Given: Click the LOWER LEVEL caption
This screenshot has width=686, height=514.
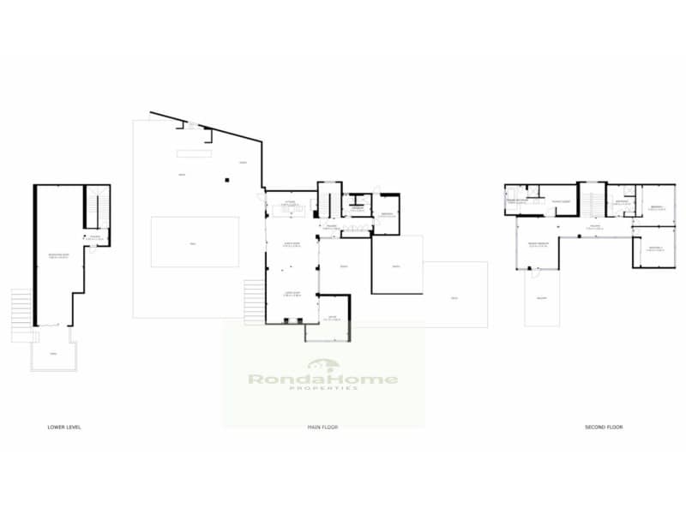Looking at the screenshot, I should pos(64,426).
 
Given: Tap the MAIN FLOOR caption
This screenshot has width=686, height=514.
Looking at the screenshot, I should pos(324,426).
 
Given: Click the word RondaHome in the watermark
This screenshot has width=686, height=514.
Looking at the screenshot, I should pos(322,379).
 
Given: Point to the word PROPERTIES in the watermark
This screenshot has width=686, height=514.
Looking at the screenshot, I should pos(322,389).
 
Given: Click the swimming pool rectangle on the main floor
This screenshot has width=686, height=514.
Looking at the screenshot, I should pos(195,242).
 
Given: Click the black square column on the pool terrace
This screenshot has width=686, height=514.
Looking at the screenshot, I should pos(227,180).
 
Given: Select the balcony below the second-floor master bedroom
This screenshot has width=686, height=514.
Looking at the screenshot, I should pos(542,296).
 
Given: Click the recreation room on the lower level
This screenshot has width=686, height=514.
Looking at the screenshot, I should pos(58,257).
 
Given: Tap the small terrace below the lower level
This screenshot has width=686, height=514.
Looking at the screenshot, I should pos(53,353).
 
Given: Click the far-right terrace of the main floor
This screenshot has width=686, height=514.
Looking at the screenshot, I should pos(454,296).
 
